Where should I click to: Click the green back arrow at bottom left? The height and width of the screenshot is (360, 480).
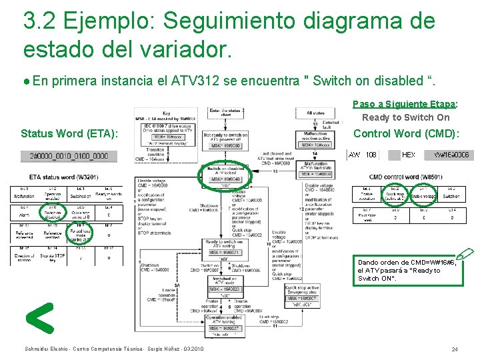pos(39,318)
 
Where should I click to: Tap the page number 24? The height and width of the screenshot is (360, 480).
pos(454,349)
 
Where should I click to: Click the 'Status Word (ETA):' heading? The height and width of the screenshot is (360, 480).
pos(69,134)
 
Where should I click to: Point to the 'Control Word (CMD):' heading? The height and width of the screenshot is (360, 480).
pos(406,133)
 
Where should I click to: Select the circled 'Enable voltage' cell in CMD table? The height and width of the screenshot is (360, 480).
pos(414,194)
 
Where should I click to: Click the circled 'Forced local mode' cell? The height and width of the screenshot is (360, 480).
pos(80,233)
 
